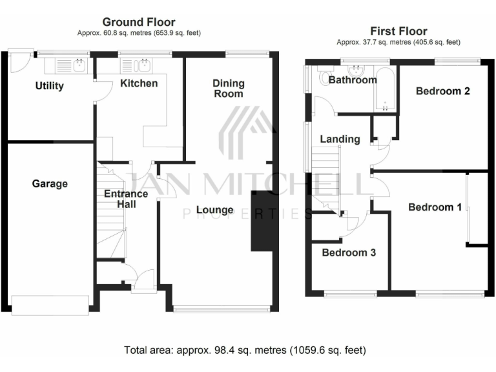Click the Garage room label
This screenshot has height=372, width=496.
pyautogui.click(x=50, y=184)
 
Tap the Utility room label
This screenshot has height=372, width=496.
pyautogui.click(x=50, y=86)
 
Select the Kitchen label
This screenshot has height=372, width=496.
pyautogui.click(x=138, y=83)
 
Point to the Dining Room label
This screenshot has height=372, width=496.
pyautogui.click(x=229, y=88)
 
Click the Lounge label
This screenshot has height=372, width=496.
pyautogui.click(x=214, y=210)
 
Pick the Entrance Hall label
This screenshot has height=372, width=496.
pyautogui.click(x=126, y=199)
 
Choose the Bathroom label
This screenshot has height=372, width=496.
pyautogui.click(x=352, y=80)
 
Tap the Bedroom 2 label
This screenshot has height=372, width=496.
pyautogui.click(x=442, y=91)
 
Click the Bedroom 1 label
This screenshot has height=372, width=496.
pyautogui.click(x=435, y=207)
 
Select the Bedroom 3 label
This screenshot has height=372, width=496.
pyautogui.click(x=349, y=253)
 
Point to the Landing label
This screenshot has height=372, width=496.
pyautogui.click(x=340, y=139)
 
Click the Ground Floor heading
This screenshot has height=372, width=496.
pyautogui.click(x=139, y=23)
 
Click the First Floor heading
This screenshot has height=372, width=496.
pyautogui.click(x=398, y=31)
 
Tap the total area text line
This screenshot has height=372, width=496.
pyautogui.click(x=245, y=351)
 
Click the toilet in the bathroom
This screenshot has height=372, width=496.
pyautogui.click(x=325, y=77)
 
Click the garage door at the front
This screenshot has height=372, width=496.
pyautogui.click(x=50, y=305)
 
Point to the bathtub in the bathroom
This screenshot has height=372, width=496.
pyautogui.click(x=384, y=88)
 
